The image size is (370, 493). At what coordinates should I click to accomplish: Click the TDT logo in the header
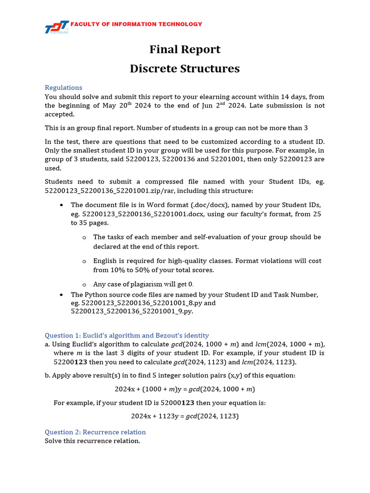point(56,28)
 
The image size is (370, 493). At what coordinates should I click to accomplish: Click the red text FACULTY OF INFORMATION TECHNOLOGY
point(136,24)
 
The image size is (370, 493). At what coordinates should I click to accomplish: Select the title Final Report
point(185,49)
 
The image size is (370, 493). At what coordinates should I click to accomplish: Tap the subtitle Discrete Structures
point(185,68)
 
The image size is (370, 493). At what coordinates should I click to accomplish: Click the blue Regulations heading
point(63,87)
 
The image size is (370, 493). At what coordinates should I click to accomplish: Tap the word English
point(106,260)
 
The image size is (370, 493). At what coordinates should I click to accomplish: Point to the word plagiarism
point(147,284)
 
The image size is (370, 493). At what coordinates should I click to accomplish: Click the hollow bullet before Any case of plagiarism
point(84,285)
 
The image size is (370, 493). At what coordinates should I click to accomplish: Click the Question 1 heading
point(127,335)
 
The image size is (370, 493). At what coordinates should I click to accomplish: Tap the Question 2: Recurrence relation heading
point(95,432)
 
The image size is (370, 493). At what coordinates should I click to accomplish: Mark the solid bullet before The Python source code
point(62,294)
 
